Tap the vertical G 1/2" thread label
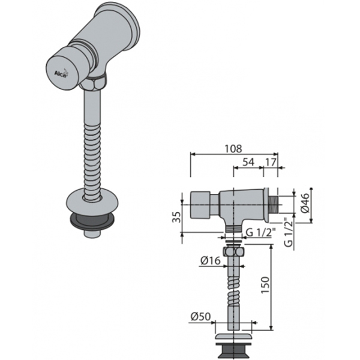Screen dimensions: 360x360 (289, 235)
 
